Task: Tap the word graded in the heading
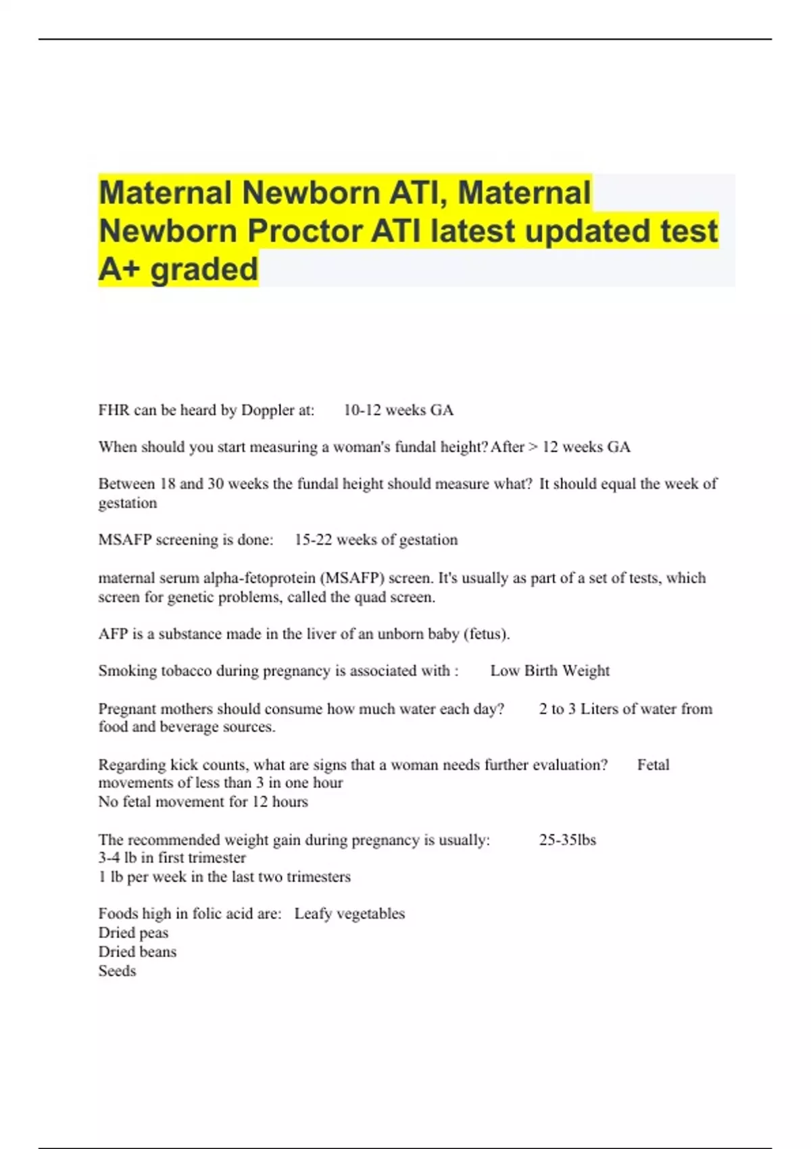[x=204, y=269]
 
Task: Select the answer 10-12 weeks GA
[x=398, y=410]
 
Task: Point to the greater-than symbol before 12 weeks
[x=533, y=447]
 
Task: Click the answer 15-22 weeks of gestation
[x=376, y=540]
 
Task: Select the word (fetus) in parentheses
[x=486, y=634]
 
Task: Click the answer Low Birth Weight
[x=549, y=671]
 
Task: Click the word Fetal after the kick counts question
[x=653, y=765]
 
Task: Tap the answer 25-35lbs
[x=567, y=840]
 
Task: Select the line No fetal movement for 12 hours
[x=203, y=802]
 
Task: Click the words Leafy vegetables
[x=349, y=914]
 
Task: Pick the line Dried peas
[x=133, y=933]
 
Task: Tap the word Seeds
[x=117, y=971]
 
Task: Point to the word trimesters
[x=318, y=877]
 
